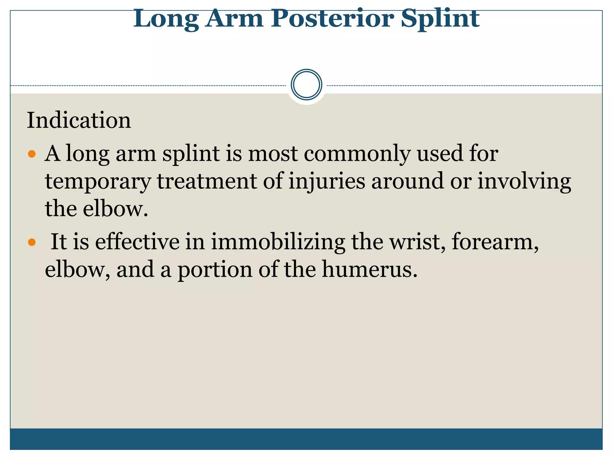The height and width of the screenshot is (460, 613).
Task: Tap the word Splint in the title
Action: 440,19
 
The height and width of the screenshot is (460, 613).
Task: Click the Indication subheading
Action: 79,120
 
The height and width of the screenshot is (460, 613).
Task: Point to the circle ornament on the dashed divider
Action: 306,85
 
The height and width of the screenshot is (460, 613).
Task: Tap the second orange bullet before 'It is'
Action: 31,242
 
